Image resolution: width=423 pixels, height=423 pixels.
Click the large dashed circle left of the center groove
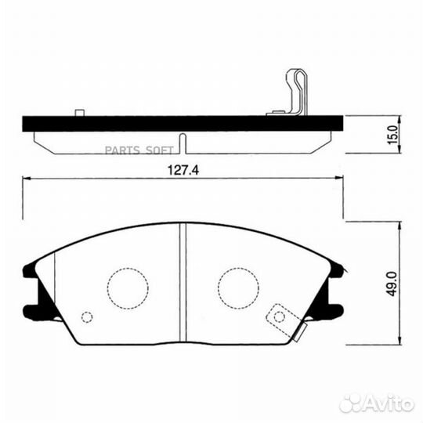128,287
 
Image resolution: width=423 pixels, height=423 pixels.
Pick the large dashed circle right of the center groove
238,287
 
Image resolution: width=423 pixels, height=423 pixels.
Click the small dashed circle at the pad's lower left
87,317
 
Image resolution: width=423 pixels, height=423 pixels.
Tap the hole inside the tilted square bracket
278,316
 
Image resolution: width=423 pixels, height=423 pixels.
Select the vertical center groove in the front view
182,282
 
